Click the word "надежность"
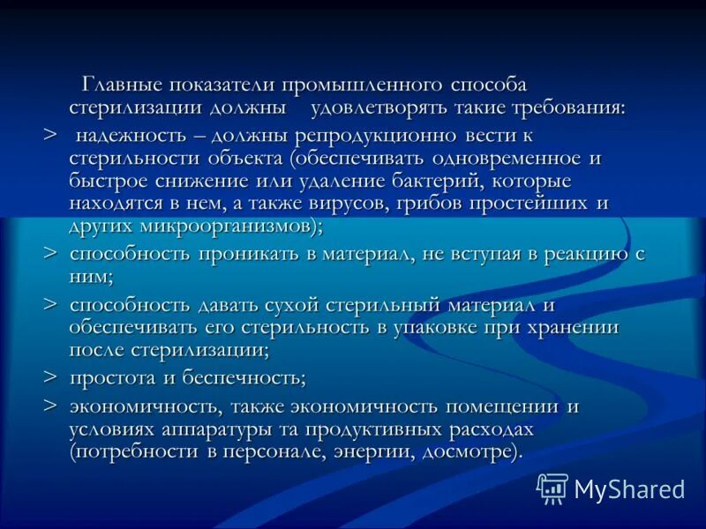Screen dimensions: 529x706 click(x=127, y=136)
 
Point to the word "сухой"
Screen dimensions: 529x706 click(x=292, y=305)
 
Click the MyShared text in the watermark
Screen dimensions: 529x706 click(x=629, y=489)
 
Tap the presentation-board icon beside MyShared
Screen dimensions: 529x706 click(x=552, y=488)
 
